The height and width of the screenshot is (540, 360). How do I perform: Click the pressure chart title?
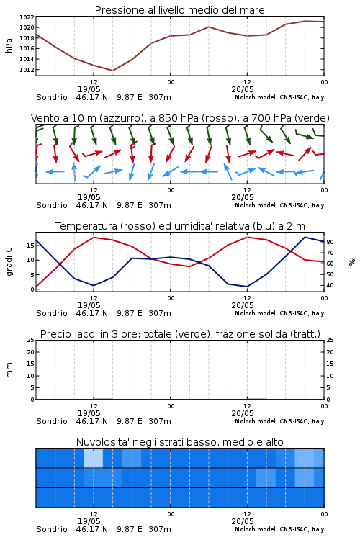click(x=179, y=10)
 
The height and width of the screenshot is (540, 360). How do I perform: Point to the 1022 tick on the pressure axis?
click(x=27, y=17)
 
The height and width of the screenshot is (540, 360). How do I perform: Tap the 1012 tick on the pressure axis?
click(x=27, y=70)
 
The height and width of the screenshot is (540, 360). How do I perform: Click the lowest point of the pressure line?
click(x=112, y=71)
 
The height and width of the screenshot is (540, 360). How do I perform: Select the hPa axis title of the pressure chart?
click(x=9, y=45)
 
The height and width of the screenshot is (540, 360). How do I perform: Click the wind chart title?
click(x=180, y=118)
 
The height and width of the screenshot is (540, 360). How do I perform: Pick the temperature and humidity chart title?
click(x=180, y=226)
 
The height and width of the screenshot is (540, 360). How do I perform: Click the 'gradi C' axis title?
click(x=9, y=262)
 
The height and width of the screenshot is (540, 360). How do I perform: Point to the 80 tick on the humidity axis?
click(x=330, y=242)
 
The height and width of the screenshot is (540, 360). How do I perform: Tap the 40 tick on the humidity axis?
click(x=330, y=286)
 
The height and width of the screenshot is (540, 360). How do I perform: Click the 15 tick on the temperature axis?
click(x=31, y=246)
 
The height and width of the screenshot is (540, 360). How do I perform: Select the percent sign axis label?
click(x=352, y=262)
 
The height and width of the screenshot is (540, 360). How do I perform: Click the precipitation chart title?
click(x=180, y=334)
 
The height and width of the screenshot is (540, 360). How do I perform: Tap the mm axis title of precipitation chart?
click(x=9, y=370)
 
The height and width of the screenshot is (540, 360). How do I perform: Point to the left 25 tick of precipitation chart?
click(x=31, y=340)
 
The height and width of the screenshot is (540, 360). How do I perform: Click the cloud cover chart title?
click(x=179, y=442)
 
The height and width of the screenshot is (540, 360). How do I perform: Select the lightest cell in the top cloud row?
click(x=94, y=458)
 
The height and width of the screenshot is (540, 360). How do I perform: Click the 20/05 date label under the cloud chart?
click(x=243, y=521)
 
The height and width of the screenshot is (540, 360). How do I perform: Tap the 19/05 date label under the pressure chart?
click(x=89, y=89)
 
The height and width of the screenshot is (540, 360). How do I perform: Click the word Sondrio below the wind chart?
click(x=52, y=205)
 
